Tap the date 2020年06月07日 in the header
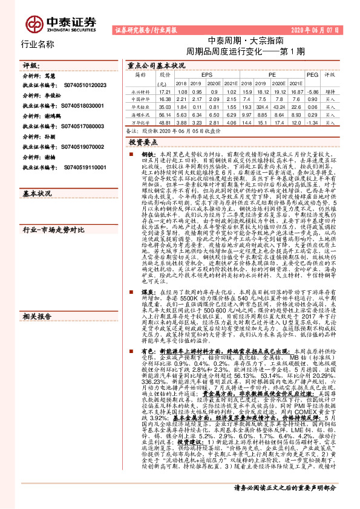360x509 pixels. click(x=324, y=29)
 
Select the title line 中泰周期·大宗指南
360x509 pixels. click(x=241, y=42)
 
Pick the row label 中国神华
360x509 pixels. click(x=140, y=98)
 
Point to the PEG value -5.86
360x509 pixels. click(x=312, y=90)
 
